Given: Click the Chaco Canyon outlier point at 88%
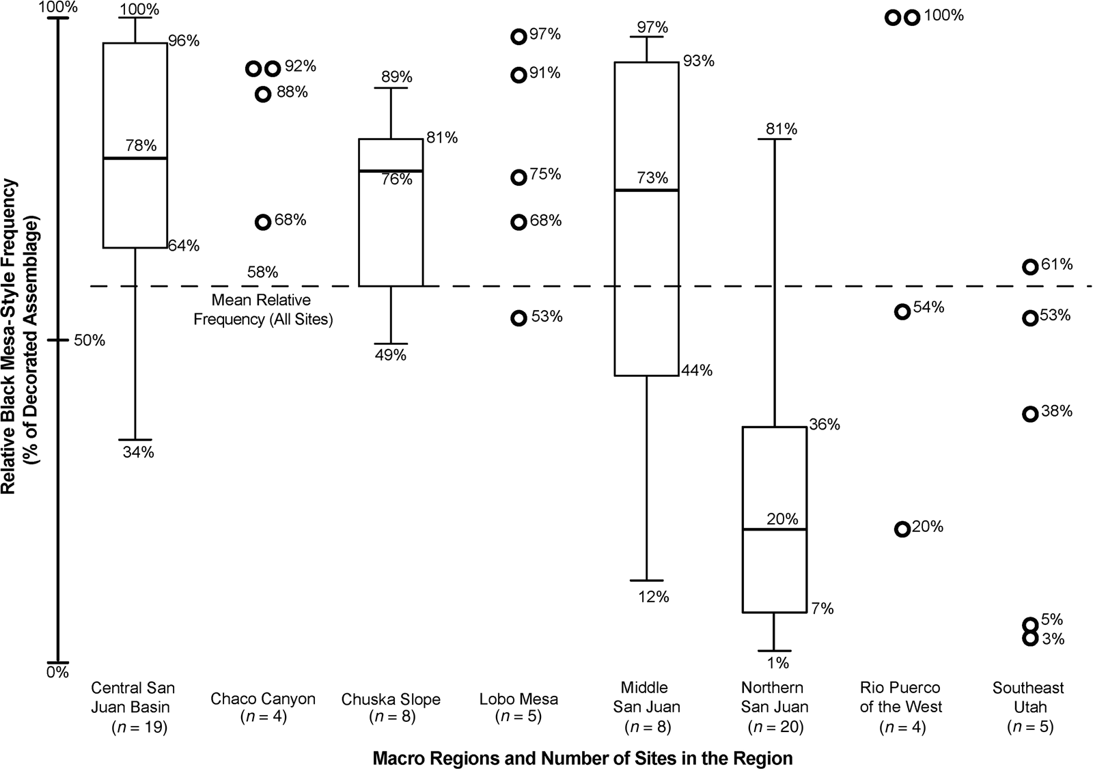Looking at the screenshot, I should pyautogui.click(x=263, y=94).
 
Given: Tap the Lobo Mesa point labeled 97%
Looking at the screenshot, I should pyautogui.click(x=518, y=37).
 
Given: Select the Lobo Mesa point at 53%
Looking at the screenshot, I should pyautogui.click(x=519, y=318).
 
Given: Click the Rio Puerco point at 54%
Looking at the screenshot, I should pyautogui.click(x=902, y=311).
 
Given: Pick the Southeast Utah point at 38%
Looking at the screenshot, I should pyautogui.click(x=1030, y=414).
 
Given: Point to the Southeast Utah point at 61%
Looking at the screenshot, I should pyautogui.click(x=1030, y=266).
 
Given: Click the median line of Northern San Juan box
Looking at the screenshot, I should pyautogui.click(x=774, y=529).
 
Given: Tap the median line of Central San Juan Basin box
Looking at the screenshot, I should pyautogui.click(x=135, y=158).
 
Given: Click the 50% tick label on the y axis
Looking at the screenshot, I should pyautogui.click(x=89, y=340).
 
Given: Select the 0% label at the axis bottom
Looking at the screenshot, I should pyautogui.click(x=58, y=673).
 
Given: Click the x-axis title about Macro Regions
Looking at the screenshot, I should pyautogui.click(x=582, y=759).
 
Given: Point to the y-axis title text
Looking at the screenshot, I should pyautogui.click(x=20, y=335).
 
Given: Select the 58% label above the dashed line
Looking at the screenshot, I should pyautogui.click(x=262, y=272).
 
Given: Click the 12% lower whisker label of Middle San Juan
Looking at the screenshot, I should pyautogui.click(x=654, y=597).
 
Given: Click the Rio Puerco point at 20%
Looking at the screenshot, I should pyautogui.click(x=902, y=529).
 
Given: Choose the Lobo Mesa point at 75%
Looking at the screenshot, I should pyautogui.click(x=518, y=178).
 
